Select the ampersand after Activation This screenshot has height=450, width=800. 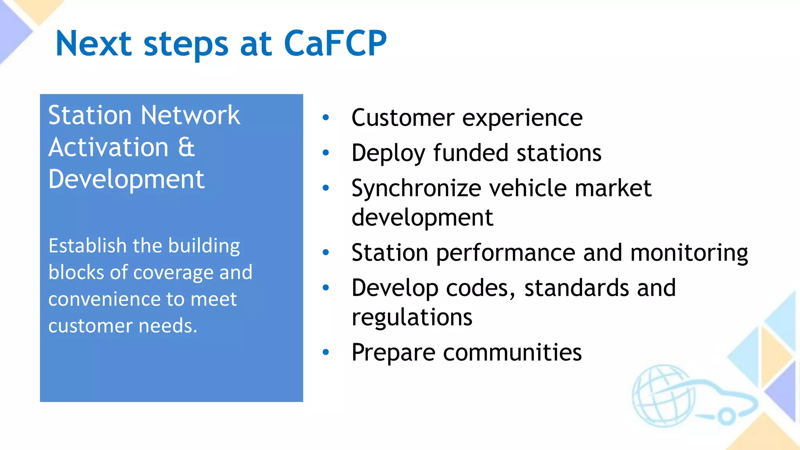click(186, 147)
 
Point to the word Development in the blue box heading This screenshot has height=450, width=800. click(126, 179)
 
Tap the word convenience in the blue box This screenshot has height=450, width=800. click(104, 299)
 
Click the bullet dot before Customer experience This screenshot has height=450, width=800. click(326, 117)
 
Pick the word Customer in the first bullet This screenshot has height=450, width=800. click(403, 117)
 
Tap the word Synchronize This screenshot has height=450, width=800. click(416, 188)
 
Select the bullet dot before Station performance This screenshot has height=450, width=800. click(326, 252)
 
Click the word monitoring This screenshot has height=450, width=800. click(689, 252)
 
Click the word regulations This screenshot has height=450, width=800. click(412, 317)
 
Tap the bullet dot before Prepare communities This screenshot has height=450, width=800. click(326, 352)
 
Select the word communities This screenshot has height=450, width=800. click(512, 352)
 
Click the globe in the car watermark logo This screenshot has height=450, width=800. click(662, 395)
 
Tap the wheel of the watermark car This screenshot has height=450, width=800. click(726, 416)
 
